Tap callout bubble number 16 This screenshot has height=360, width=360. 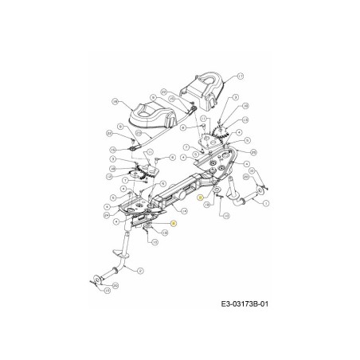click(116, 102)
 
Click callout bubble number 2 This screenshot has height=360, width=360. click(141, 272)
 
